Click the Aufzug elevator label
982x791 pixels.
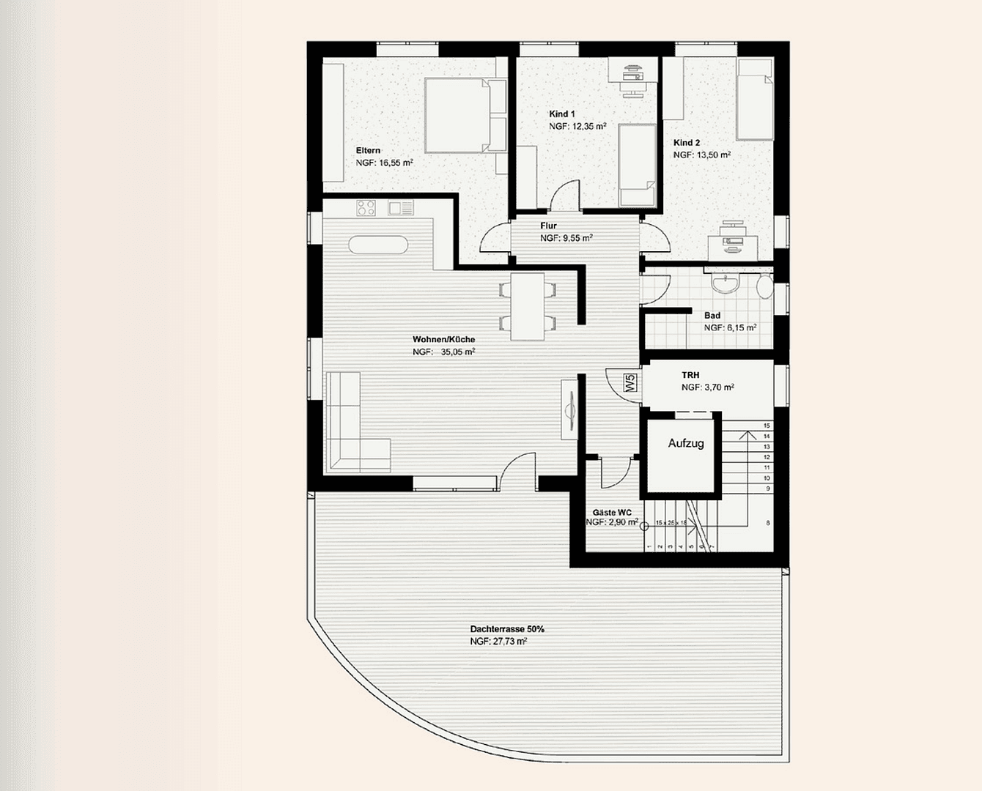[x=685, y=443]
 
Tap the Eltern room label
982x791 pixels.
[x=368, y=150]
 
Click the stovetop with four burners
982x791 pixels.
[x=366, y=208]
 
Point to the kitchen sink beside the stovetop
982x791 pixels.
[x=400, y=208]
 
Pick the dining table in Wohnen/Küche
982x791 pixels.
[x=527, y=305]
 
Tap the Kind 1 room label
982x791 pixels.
[x=562, y=114]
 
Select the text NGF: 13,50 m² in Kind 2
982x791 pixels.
[x=701, y=155]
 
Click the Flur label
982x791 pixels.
[x=548, y=226]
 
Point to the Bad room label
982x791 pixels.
[x=712, y=316]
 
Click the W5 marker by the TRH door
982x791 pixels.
[x=629, y=382]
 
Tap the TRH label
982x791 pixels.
[x=690, y=375]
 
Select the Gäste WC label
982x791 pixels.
[x=612, y=512]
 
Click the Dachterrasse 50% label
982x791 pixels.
[x=507, y=629]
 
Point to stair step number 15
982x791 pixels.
[x=767, y=426]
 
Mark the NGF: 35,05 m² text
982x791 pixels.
[x=443, y=352]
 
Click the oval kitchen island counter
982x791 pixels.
[x=378, y=244]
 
